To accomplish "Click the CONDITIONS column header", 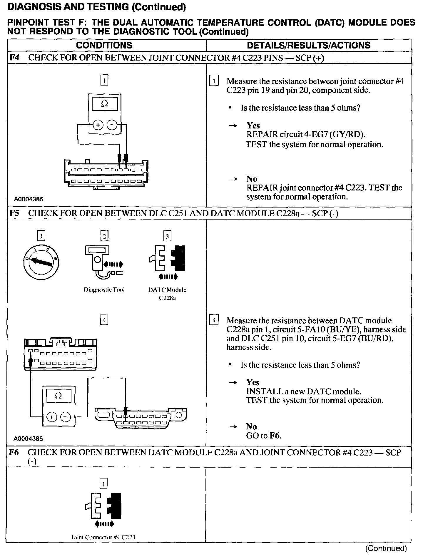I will [x=104, y=45].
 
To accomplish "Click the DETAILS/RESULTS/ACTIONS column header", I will [x=308, y=45].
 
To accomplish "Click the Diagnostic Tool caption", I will [x=104, y=290].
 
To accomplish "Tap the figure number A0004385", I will [x=29, y=199].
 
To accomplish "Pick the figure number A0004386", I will [x=28, y=439].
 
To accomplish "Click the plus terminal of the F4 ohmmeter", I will [x=98, y=125].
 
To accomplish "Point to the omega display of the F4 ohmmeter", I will [x=105, y=104].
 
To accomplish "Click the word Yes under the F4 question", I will [x=253, y=125].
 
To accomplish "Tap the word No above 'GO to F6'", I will [x=251, y=426].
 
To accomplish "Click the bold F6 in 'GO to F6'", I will [x=274, y=436].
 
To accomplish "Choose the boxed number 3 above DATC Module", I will [x=167, y=236].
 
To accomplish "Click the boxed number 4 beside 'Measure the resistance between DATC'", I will [x=214, y=320].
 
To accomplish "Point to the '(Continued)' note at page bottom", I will [x=386, y=548].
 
